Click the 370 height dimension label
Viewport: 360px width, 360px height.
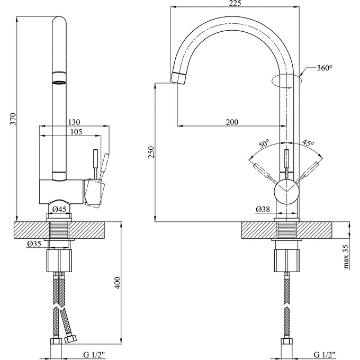[14, 119]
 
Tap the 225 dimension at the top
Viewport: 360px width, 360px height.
[235, 3]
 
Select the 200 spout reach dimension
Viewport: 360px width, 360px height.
[232, 122]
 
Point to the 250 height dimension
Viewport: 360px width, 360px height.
[151, 152]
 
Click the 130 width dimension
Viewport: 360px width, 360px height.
[74, 122]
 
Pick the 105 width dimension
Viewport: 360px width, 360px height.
[76, 132]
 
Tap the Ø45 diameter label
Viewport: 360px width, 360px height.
[59, 209]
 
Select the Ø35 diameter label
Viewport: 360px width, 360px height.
[34, 244]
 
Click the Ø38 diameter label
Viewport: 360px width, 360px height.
[263, 209]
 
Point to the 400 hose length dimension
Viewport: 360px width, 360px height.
[117, 283]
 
